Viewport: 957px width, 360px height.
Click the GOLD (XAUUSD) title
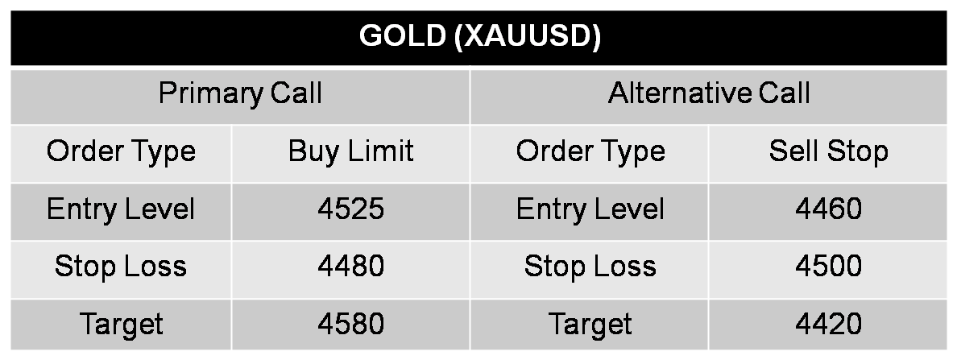click(479, 37)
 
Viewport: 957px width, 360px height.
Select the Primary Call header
click(240, 93)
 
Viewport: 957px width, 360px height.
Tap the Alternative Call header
click(709, 93)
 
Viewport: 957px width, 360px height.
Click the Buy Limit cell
click(350, 151)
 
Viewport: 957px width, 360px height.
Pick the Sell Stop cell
click(828, 151)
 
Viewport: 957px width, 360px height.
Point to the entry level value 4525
click(350, 209)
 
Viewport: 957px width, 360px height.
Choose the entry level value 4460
click(828, 209)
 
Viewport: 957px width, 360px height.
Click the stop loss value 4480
click(350, 267)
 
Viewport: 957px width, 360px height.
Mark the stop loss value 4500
click(828, 267)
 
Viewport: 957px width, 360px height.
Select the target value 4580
click(350, 325)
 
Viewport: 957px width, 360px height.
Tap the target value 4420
click(828, 325)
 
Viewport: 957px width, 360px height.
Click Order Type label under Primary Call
click(121, 151)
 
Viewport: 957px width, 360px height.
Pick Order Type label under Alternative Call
click(590, 151)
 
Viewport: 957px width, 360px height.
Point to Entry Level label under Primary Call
click(121, 209)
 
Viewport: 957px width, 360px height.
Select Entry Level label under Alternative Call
click(590, 209)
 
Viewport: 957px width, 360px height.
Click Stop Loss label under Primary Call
click(121, 267)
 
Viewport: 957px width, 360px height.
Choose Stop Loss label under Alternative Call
click(590, 267)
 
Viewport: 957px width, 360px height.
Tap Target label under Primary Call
click(121, 325)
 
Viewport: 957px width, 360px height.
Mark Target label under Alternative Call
click(590, 325)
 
